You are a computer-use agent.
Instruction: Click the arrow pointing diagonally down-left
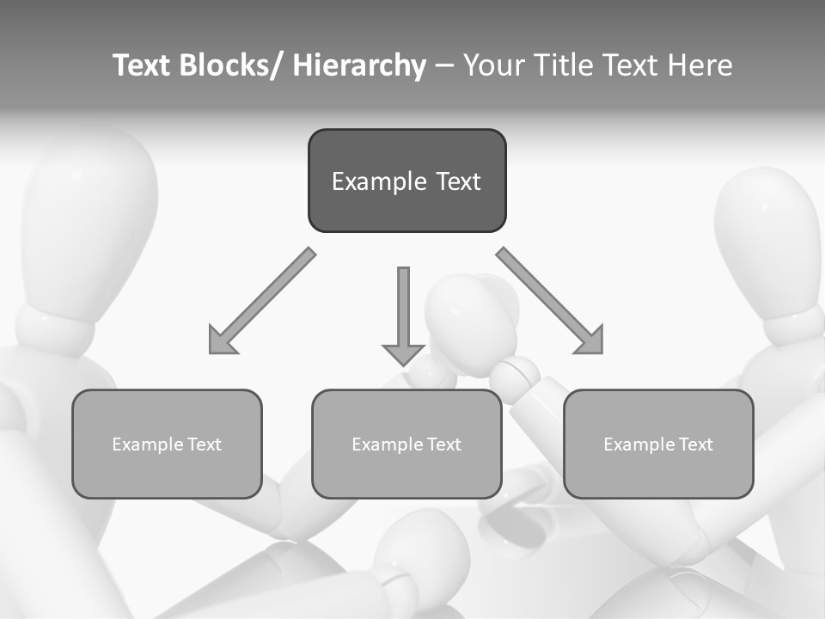click(x=261, y=301)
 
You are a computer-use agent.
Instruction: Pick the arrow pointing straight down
click(x=403, y=309)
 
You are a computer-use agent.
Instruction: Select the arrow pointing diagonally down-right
click(x=550, y=301)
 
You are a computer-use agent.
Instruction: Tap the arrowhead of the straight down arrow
click(x=403, y=353)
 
